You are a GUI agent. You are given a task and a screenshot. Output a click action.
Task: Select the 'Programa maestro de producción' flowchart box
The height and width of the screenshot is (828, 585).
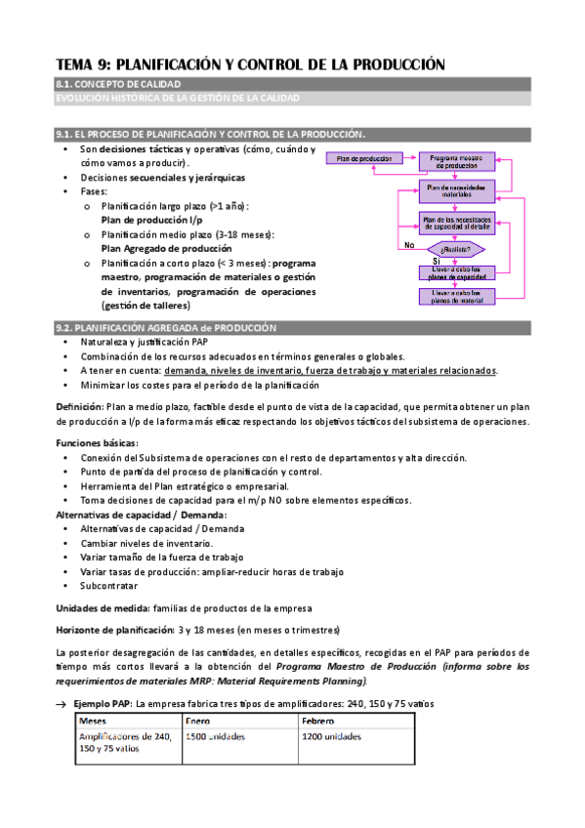(x=456, y=161)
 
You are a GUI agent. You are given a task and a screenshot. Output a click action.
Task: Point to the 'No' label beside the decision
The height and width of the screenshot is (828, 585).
(x=408, y=245)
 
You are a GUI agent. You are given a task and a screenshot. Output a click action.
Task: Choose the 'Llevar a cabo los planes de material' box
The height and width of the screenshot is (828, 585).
(x=456, y=296)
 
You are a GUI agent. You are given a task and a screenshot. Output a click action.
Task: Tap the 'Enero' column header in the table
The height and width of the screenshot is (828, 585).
(x=203, y=721)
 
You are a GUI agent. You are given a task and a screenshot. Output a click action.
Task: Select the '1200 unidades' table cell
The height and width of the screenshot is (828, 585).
(x=331, y=736)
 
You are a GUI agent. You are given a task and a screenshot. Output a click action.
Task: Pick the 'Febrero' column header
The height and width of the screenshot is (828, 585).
(x=322, y=721)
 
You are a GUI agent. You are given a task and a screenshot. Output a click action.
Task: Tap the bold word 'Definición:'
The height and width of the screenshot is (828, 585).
(x=79, y=406)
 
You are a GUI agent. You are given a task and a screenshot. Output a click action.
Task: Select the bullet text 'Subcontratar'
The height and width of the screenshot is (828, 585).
(x=108, y=586)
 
